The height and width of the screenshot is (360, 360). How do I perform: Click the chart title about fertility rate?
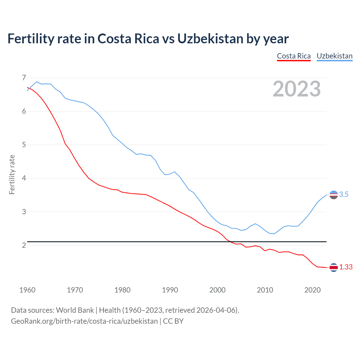tap(148, 39)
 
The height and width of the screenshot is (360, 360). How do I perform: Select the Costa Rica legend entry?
tap(294, 56)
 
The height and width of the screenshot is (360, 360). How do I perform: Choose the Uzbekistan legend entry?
tap(334, 56)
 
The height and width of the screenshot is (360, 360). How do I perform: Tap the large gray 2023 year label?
tap(297, 89)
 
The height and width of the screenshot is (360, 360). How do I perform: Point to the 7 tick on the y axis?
tap(24, 78)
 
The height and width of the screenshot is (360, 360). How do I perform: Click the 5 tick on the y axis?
tap(24, 145)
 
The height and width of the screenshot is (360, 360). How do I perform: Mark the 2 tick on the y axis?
tap(24, 245)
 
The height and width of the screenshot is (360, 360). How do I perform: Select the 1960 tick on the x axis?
tap(27, 290)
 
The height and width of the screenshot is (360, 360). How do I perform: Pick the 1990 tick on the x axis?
tap(170, 290)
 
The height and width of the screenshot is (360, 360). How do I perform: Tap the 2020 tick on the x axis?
tap(312, 290)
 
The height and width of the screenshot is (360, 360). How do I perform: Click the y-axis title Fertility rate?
tap(12, 174)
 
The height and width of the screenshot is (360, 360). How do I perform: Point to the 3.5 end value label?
tap(344, 194)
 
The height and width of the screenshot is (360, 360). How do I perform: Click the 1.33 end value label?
tap(346, 267)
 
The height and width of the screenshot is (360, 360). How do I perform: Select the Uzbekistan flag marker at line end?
tap(334, 195)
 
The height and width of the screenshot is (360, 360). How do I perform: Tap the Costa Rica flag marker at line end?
tap(334, 267)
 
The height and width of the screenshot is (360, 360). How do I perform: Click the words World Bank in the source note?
tap(75, 310)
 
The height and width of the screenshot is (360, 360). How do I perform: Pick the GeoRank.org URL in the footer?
tap(84, 321)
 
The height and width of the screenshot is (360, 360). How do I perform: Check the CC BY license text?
tap(173, 321)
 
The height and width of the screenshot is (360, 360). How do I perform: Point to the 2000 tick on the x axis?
tap(217, 290)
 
